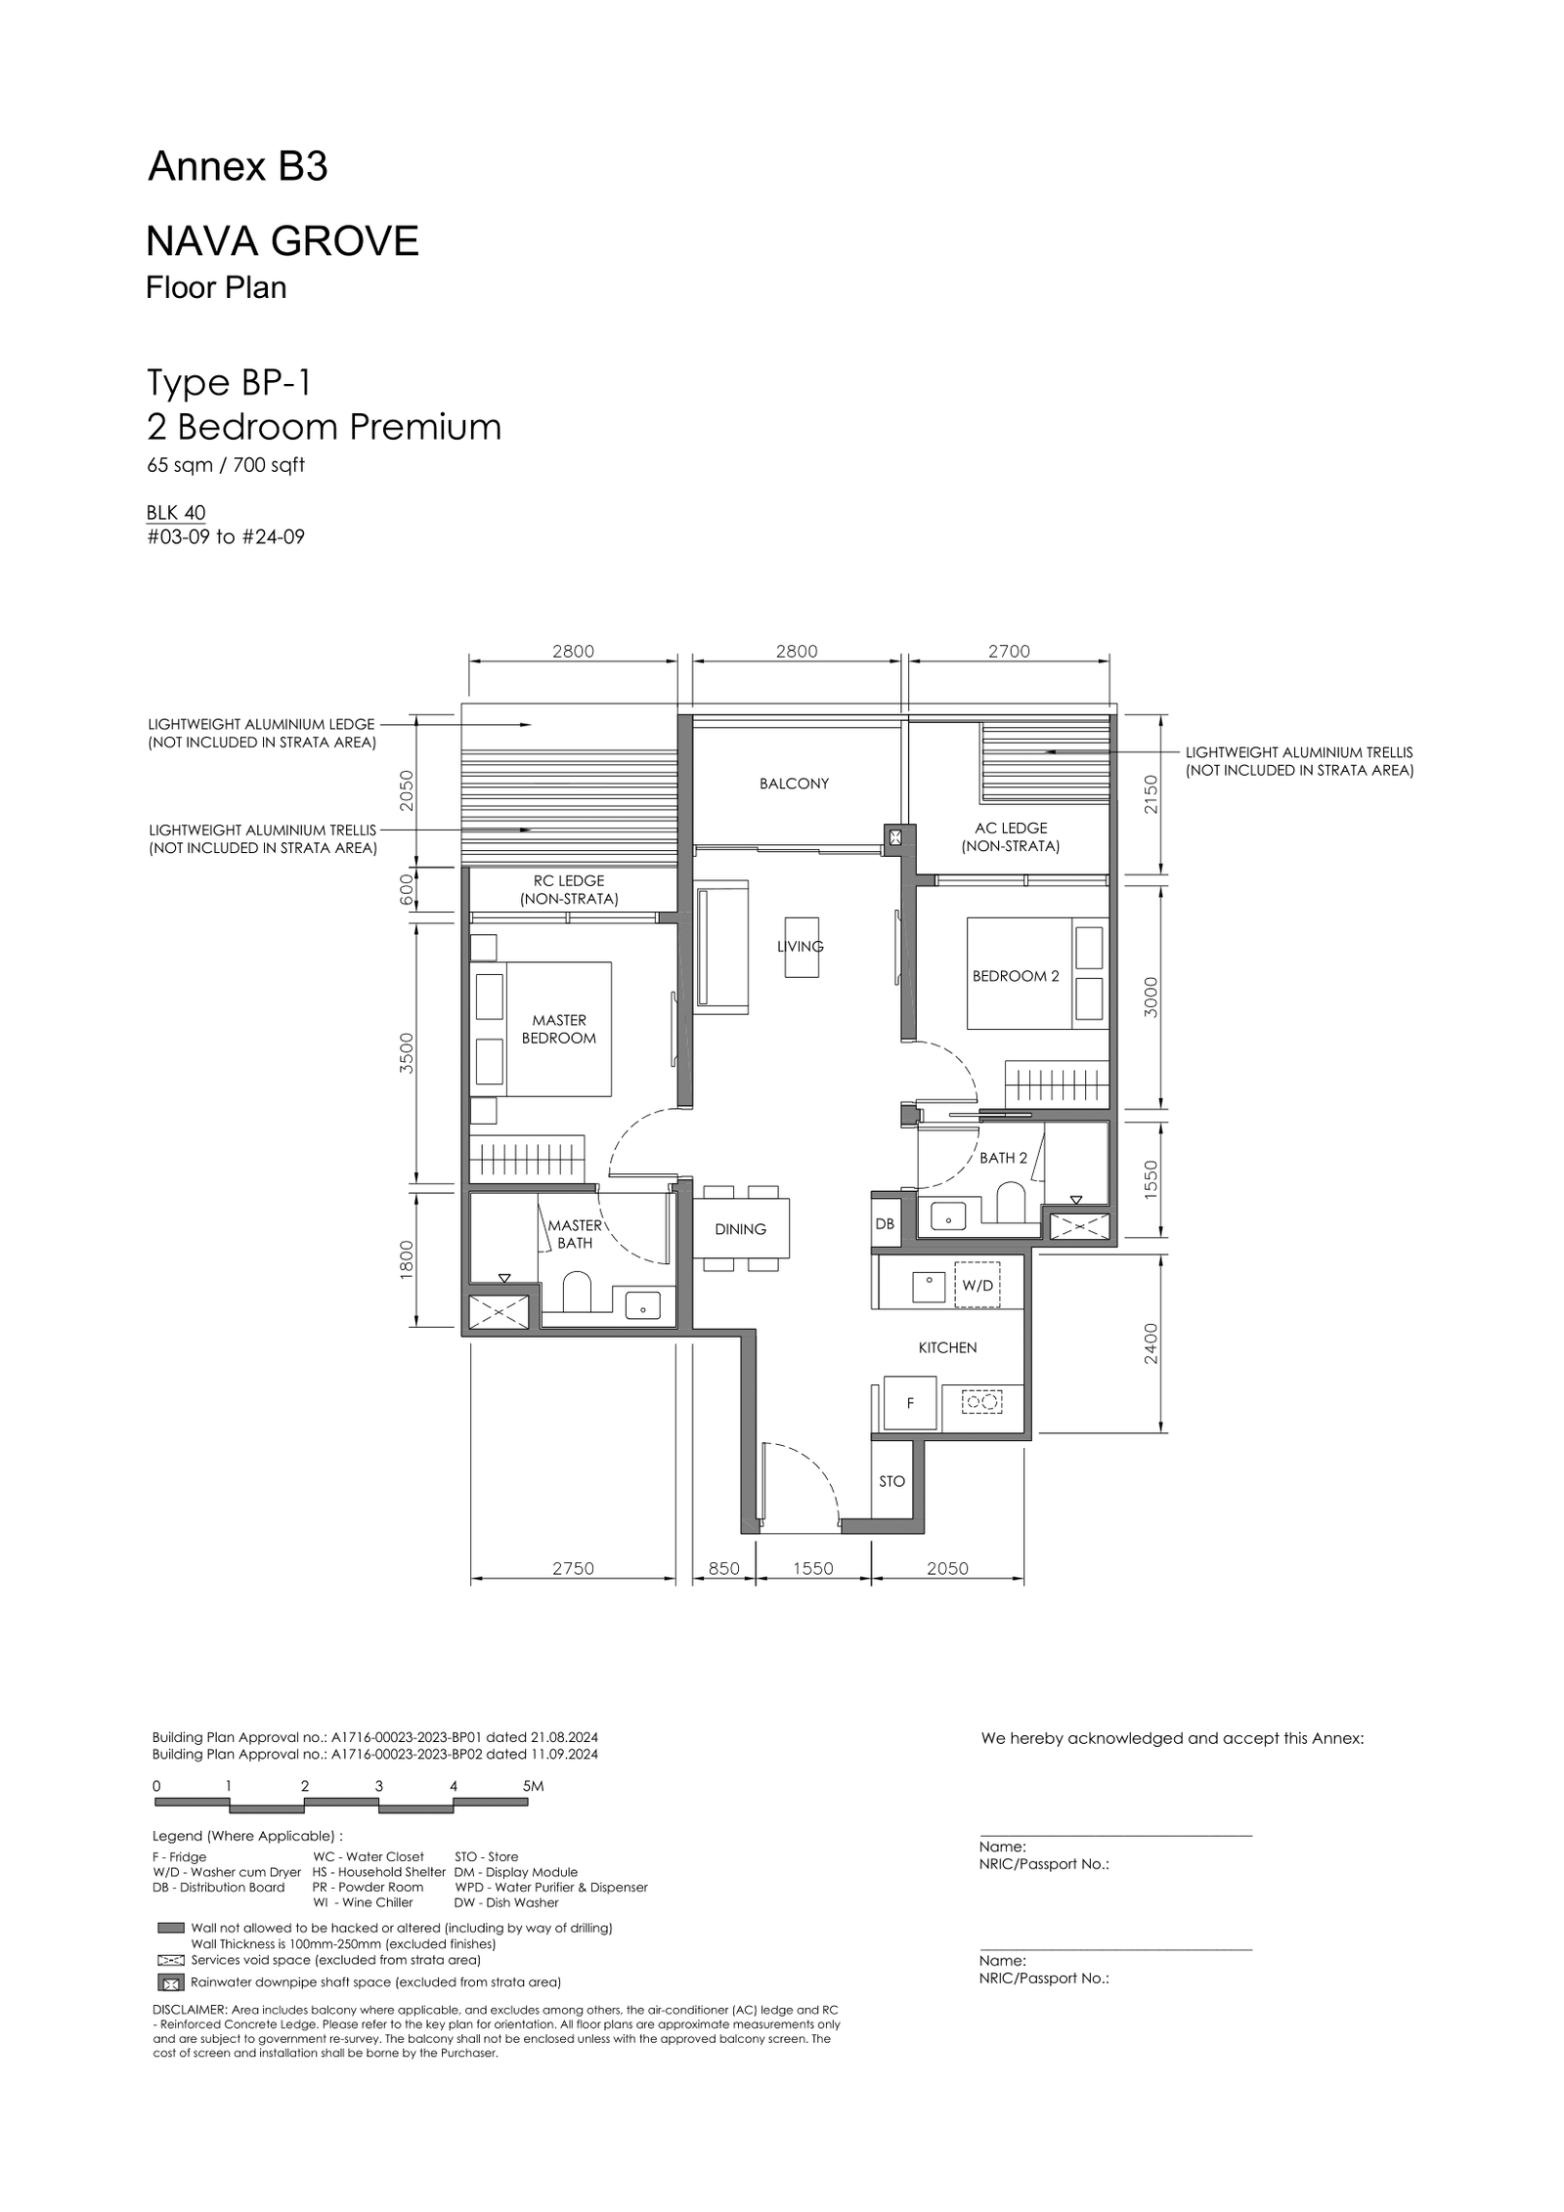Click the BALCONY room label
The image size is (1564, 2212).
(794, 784)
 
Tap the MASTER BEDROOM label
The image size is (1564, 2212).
(559, 1029)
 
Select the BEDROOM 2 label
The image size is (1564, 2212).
(1016, 976)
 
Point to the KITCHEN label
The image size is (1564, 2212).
(947, 1347)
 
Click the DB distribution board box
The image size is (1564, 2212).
(885, 1223)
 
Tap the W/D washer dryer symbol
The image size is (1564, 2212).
(977, 1286)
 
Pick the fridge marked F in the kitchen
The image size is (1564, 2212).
(910, 1403)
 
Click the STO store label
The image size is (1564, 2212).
(891, 1481)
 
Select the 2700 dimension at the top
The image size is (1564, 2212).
(1009, 652)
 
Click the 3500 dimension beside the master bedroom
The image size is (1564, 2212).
(408, 1052)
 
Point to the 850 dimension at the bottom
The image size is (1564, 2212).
(723, 1568)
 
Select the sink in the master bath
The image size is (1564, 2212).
(642, 1305)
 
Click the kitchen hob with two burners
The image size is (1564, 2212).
(983, 1403)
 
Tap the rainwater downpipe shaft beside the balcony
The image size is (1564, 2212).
(895, 835)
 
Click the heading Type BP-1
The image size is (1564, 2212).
(229, 383)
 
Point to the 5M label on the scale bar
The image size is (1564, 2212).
(533, 1785)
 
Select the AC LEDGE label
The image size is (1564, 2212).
(1011, 828)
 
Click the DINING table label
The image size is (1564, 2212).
(740, 1229)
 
